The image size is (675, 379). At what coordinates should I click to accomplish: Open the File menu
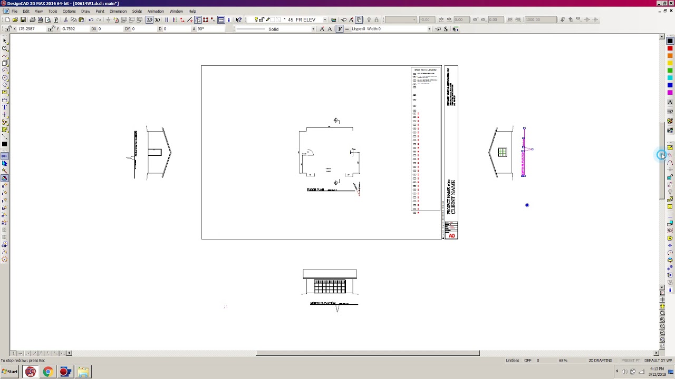tap(14, 11)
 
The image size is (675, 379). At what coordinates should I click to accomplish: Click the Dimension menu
tap(118, 11)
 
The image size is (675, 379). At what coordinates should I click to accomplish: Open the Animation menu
tap(155, 11)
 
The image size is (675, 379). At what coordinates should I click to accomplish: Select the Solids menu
tap(137, 11)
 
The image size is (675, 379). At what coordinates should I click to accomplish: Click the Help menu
tap(192, 11)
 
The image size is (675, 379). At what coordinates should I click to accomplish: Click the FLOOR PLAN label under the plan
tap(315, 189)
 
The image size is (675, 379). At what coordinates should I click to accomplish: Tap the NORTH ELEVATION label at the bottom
tap(323, 303)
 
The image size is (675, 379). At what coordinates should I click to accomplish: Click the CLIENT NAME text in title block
tap(452, 197)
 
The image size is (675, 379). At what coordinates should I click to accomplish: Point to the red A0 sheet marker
tap(451, 236)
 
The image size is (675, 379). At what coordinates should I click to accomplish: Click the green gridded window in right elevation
tap(502, 153)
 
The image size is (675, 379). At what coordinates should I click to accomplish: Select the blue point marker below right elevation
tap(527, 205)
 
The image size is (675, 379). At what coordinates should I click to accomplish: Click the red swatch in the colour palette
tap(670, 48)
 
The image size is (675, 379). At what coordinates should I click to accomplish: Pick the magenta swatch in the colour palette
tap(670, 93)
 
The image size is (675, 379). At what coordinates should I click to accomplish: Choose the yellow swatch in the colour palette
tap(670, 63)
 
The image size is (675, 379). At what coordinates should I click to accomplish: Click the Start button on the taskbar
tap(10, 372)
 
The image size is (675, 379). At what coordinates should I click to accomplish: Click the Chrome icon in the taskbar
tap(47, 372)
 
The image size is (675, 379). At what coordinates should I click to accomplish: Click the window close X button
tap(671, 3)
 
